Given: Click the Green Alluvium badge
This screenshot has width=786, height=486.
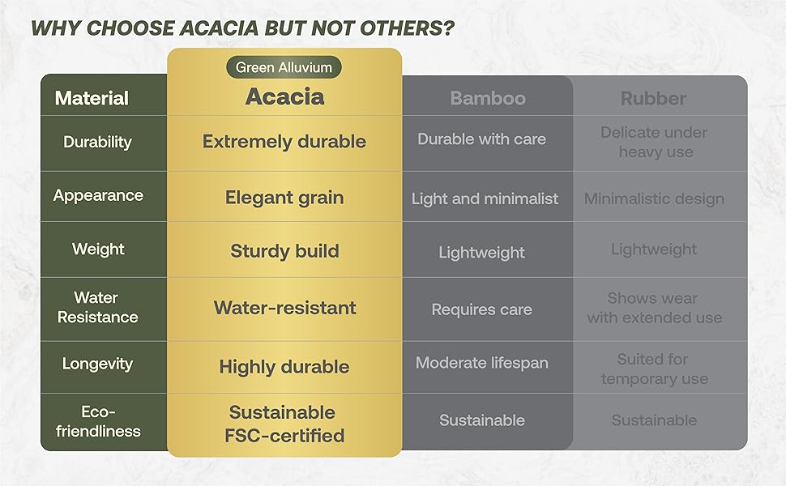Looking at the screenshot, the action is [284, 67].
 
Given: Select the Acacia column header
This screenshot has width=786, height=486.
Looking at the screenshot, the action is [284, 96].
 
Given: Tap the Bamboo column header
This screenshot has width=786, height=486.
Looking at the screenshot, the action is [488, 98].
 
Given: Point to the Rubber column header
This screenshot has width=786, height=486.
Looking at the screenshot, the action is [653, 98].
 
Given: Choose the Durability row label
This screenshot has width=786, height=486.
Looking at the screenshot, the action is [98, 143].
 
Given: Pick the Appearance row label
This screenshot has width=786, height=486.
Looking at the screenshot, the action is [98, 195].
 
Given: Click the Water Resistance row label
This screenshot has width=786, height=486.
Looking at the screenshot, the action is [98, 307].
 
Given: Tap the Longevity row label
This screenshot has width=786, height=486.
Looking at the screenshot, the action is [98, 364].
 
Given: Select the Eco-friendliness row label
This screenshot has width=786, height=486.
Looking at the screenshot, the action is [98, 421].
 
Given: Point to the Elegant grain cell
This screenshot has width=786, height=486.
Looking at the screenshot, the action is [284, 198].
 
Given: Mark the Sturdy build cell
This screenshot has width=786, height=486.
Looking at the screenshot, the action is [284, 251].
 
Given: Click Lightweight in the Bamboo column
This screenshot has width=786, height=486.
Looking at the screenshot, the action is [481, 253].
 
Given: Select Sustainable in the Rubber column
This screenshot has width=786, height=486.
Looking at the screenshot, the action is [654, 420].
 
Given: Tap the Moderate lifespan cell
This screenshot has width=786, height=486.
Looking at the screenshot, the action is [481, 363].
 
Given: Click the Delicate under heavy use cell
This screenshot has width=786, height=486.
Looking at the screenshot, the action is [654, 142].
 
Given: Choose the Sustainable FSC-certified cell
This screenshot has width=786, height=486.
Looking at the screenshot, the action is [284, 424].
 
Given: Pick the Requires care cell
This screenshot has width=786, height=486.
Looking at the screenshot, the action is [481, 309].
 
